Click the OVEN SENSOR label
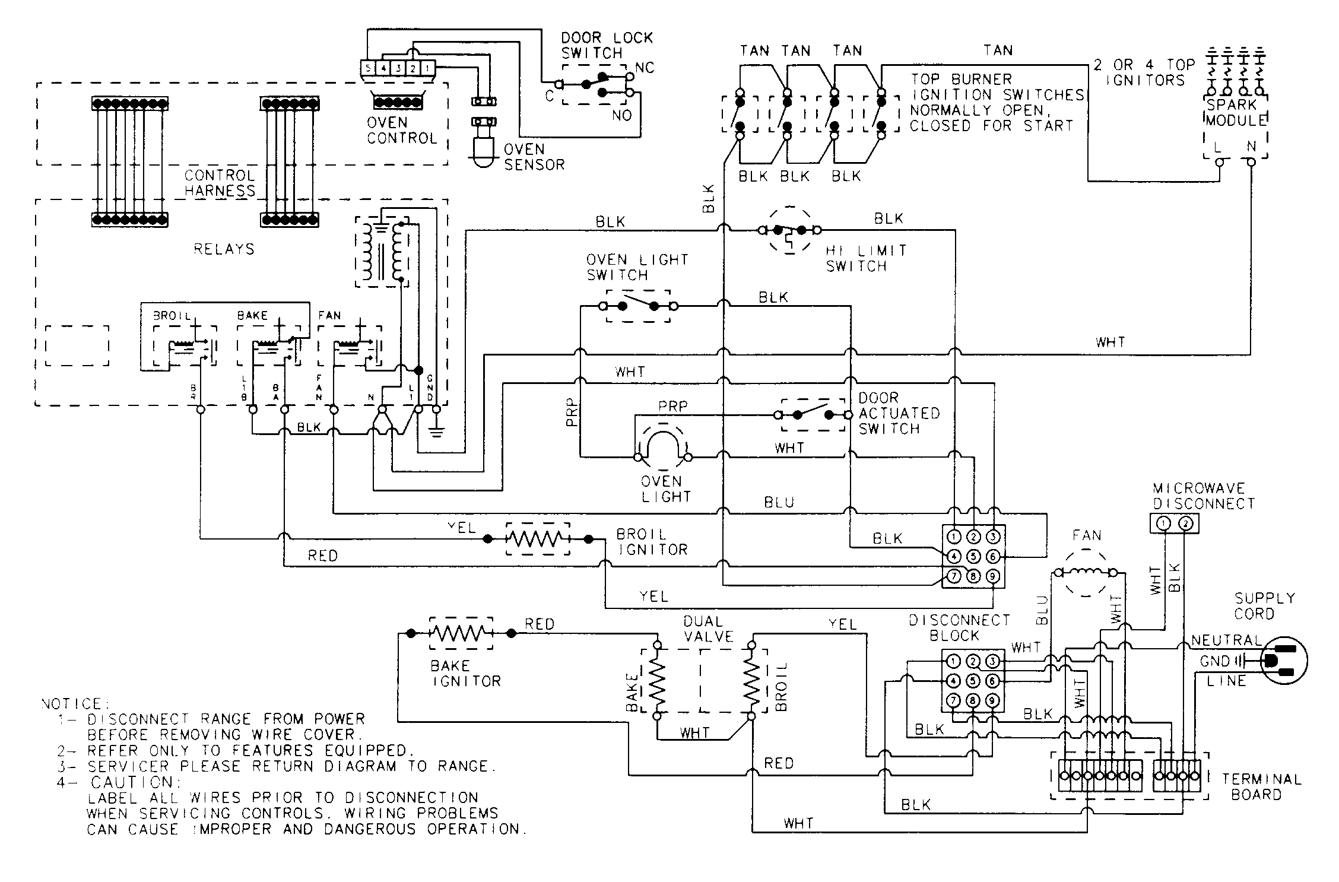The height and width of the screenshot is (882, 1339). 534,157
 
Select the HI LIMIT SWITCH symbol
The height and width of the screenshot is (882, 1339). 789,230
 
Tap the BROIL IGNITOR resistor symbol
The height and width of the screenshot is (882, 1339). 537,539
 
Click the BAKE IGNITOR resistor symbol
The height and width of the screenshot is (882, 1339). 461,634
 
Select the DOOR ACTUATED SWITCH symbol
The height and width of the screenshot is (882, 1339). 813,414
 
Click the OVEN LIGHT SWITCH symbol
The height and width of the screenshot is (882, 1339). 638,306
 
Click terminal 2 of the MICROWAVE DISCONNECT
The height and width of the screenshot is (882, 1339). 1185,524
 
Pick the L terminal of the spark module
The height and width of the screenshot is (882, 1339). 1219,161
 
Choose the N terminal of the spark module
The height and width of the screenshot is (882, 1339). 1251,161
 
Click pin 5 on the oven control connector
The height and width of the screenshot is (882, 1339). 368,68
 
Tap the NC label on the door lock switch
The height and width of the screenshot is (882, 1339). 644,68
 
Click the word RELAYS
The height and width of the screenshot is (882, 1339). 224,249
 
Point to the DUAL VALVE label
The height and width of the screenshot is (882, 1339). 708,629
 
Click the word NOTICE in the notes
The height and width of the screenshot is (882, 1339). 71,704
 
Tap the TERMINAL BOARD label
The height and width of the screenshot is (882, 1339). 1261,786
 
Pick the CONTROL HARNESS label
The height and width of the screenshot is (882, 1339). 219,183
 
